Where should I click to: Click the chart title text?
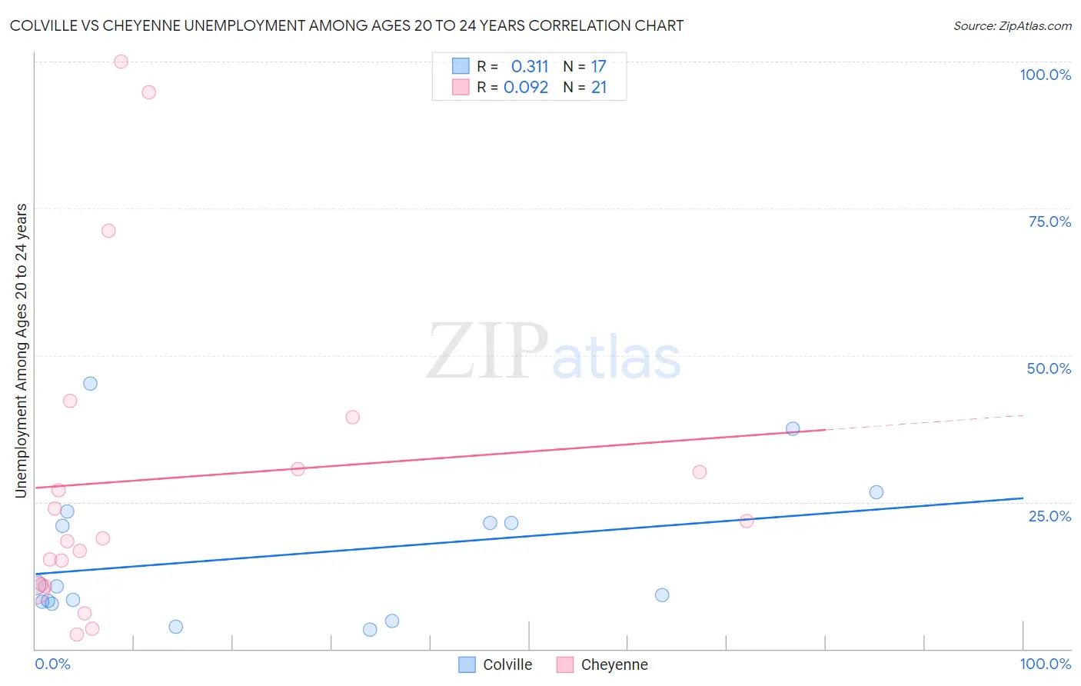pos(347,26)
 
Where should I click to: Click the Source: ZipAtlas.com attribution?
pos(1012,26)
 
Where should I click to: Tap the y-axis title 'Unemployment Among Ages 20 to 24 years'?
pos(22,351)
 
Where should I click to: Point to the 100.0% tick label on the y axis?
pos(1045,75)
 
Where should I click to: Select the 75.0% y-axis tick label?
pos(1049,221)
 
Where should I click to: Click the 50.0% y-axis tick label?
pos(1049,368)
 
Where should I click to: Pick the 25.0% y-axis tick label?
pos(1049,516)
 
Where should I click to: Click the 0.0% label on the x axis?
pos(52,664)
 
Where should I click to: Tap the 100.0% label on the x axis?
pos(1045,664)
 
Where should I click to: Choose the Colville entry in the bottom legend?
pos(496,664)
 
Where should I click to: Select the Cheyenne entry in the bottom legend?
pos(603,664)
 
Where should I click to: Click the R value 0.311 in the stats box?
pos(530,67)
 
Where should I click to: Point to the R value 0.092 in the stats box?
pos(526,88)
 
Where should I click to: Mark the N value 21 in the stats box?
pos(599,88)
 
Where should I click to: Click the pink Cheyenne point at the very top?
pos(121,62)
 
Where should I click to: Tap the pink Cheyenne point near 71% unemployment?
pos(108,231)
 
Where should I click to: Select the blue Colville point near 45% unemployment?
pos(90,384)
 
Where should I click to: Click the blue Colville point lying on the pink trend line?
pos(793,428)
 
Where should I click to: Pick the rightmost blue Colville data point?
pos(876,492)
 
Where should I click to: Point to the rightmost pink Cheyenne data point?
pos(747,521)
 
